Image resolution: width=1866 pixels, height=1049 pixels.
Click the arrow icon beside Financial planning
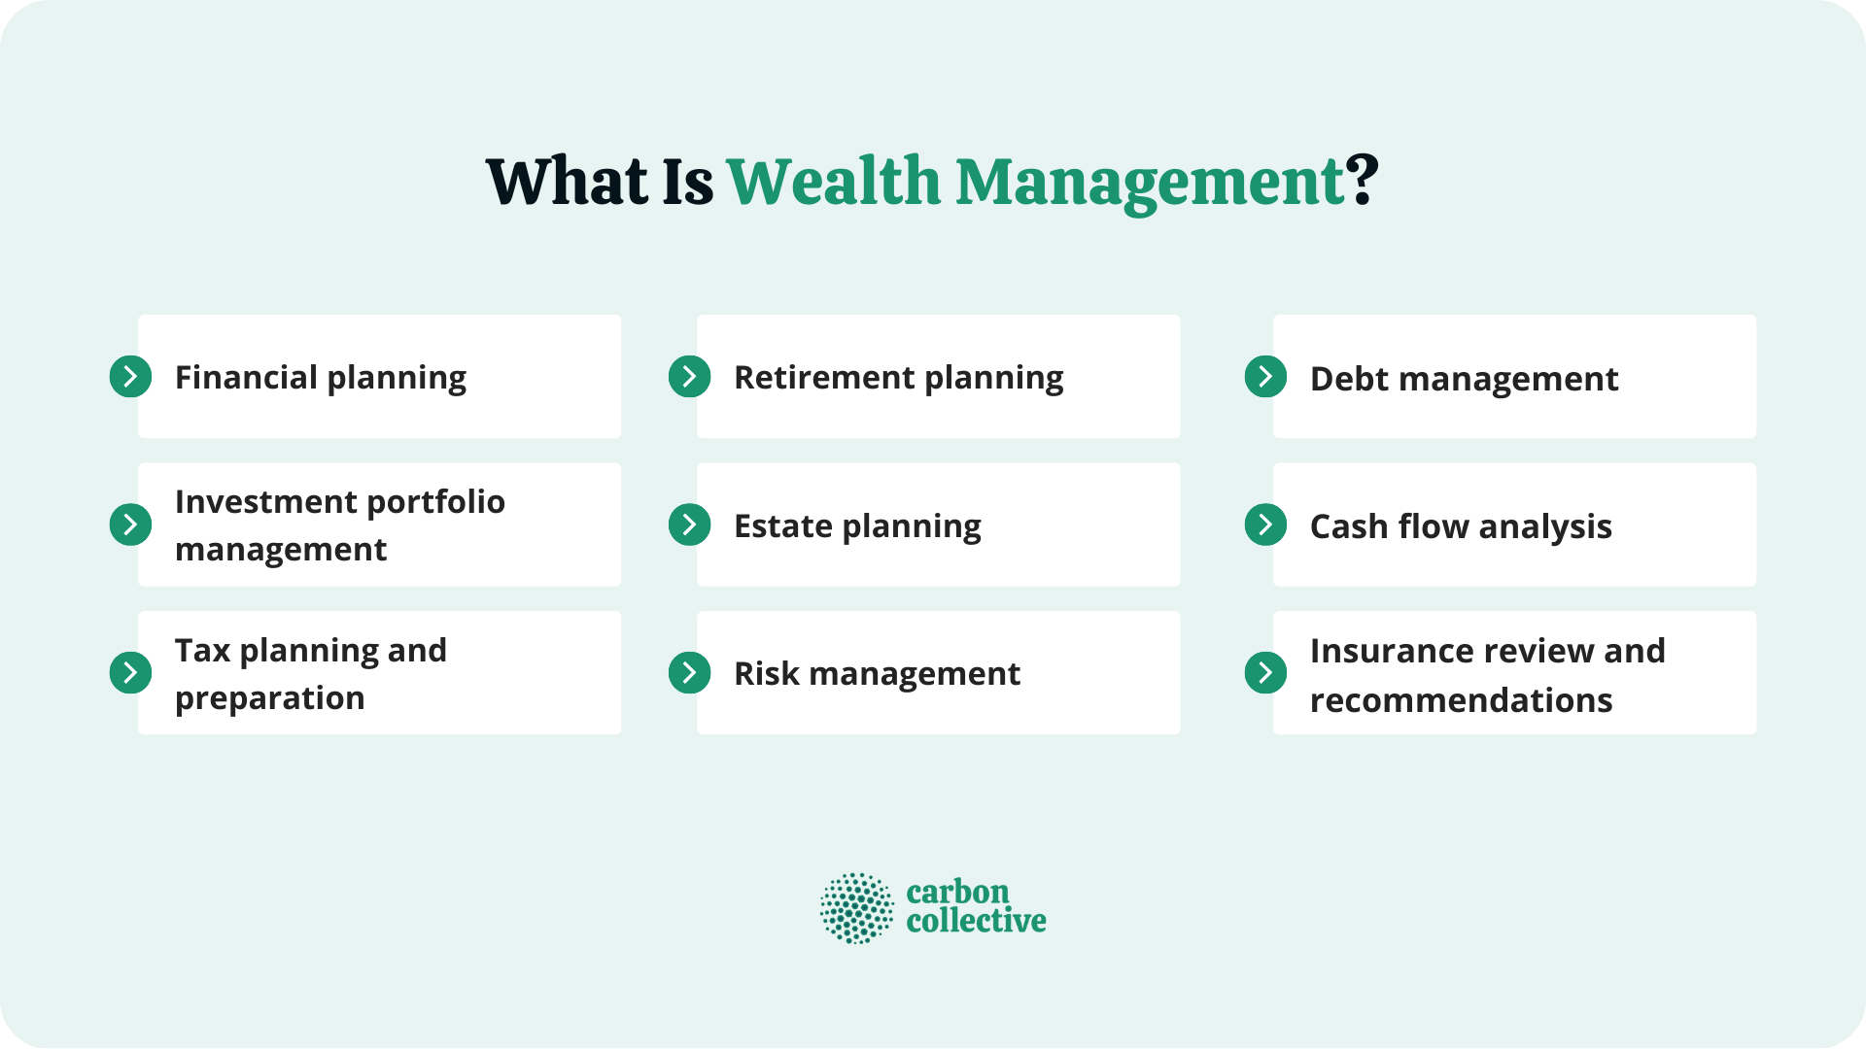[x=130, y=377]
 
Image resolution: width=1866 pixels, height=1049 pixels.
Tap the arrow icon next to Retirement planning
[x=689, y=377]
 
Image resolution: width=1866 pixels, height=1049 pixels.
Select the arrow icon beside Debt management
[x=1265, y=377]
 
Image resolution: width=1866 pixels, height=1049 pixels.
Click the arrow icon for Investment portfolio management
[x=130, y=524]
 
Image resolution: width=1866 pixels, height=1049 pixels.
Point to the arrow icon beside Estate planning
[x=689, y=524]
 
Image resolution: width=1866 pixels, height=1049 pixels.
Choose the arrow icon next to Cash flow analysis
[x=1265, y=524]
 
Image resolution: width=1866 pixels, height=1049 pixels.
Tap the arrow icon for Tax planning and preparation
[x=130, y=672]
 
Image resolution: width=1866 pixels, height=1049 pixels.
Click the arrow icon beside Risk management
[x=689, y=672]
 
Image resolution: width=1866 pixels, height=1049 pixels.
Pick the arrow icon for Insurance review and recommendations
[x=1265, y=672]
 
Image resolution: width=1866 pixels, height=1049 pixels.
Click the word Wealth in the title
[x=834, y=182]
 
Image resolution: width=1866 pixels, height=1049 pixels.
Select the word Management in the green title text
[x=1151, y=182]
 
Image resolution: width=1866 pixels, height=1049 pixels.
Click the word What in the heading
[x=567, y=182]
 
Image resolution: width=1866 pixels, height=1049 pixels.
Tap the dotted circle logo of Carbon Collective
[x=856, y=908]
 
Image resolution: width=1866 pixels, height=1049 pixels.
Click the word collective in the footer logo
[x=976, y=921]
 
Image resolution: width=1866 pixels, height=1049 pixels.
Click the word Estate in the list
[x=783, y=525]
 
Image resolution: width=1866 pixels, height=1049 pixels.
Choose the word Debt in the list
[x=1349, y=379]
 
